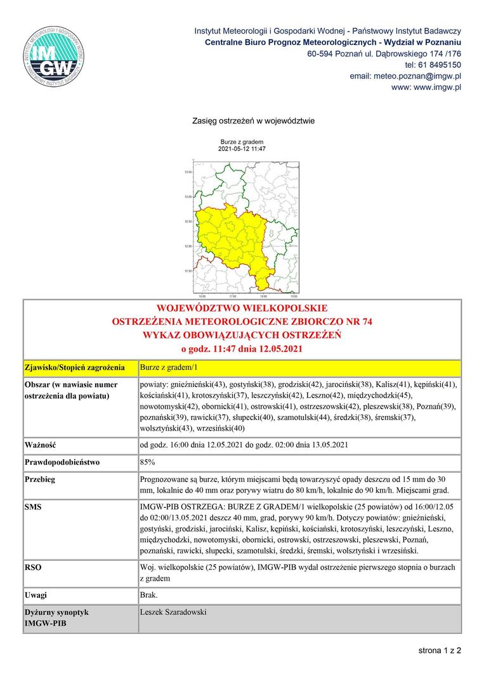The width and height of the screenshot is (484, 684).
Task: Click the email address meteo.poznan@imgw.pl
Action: point(405,76)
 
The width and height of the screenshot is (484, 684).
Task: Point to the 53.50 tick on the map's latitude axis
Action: point(188,172)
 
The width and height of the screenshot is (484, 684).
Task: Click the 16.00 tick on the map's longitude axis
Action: point(202,296)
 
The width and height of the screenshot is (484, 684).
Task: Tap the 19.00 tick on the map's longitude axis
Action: point(294,296)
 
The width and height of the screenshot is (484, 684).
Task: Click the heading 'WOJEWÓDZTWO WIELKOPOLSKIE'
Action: point(242,308)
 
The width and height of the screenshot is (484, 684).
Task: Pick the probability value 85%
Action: point(148,462)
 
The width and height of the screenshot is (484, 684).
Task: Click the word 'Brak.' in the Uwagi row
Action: point(150,595)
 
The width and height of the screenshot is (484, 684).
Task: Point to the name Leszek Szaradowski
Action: point(173,612)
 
